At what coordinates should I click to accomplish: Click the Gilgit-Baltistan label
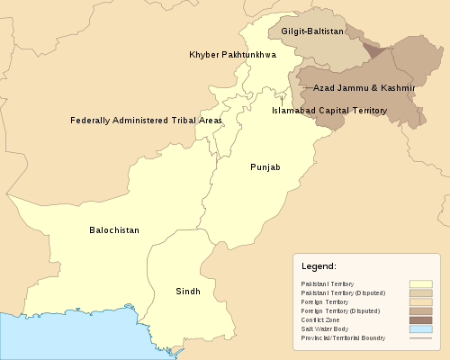tap(312, 31)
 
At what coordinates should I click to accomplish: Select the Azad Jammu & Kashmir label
tap(364, 88)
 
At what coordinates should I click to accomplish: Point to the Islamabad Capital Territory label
tap(329, 111)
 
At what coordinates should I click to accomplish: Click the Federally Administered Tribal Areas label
tap(146, 120)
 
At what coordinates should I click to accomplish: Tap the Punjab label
tap(265, 167)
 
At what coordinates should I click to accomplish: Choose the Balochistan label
tap(114, 230)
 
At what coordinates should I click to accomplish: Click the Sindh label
tap(188, 292)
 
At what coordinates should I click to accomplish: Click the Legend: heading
tap(319, 267)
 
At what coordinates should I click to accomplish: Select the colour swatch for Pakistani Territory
tap(420, 283)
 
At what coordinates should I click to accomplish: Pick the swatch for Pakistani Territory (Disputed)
tap(420, 292)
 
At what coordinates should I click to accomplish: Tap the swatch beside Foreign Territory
tap(420, 301)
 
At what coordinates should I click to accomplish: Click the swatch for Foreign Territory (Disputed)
tap(420, 310)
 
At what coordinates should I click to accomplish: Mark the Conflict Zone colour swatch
tap(420, 319)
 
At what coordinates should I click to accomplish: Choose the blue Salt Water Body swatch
tap(420, 328)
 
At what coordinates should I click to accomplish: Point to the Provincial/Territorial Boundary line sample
tap(420, 337)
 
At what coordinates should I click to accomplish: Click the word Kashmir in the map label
tap(396, 88)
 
